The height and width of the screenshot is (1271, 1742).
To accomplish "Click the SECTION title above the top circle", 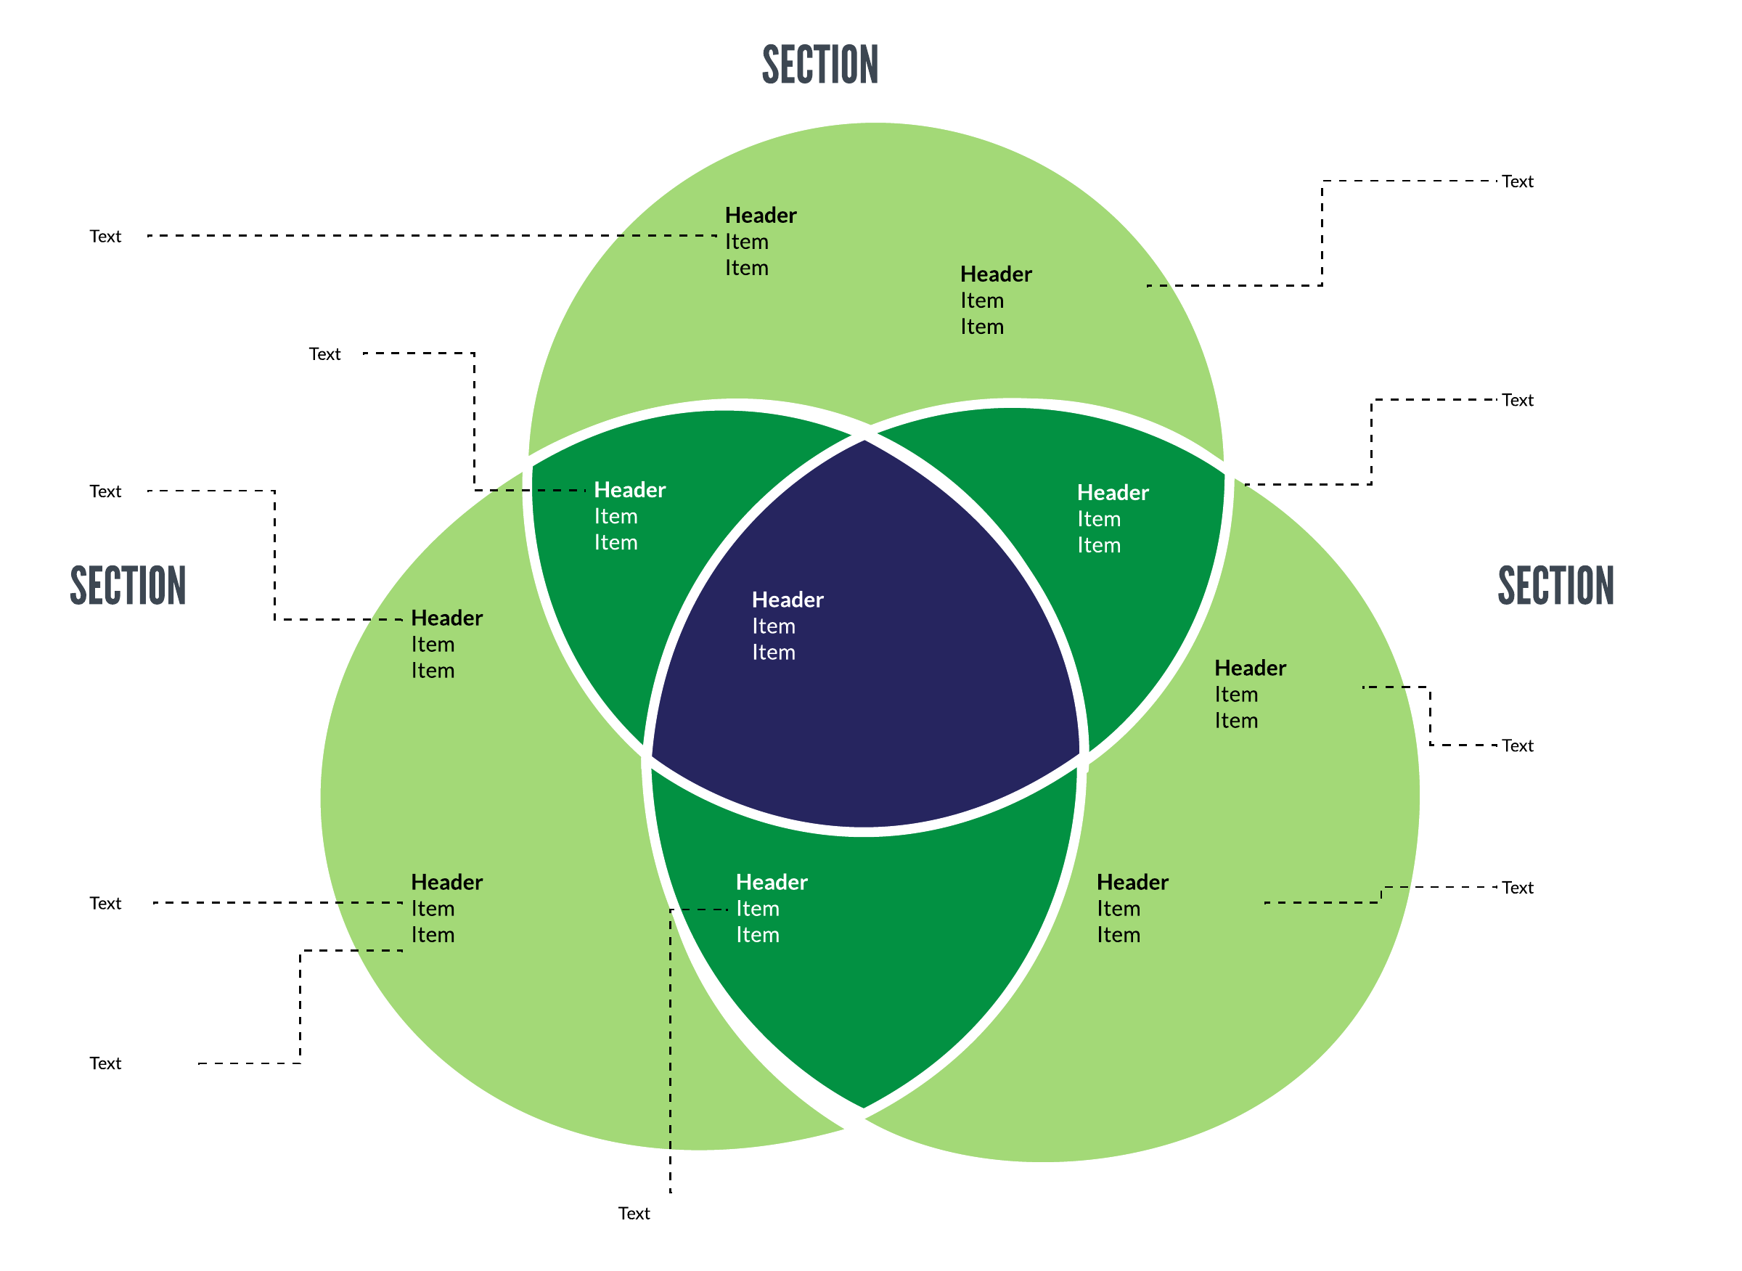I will coord(820,65).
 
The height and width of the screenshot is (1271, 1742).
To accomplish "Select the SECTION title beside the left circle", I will coord(128,587).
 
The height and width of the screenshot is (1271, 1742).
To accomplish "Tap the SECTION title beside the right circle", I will coord(1555,587).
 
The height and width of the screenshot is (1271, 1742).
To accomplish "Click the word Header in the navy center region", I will coord(787,600).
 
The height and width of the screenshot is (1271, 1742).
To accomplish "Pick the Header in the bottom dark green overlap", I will coord(772,883).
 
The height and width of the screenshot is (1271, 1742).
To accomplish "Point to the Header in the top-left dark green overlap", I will coord(629,490).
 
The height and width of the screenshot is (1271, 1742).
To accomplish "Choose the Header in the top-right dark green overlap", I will coord(1113,493).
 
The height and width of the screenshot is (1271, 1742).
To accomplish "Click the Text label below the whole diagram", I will coord(634,1214).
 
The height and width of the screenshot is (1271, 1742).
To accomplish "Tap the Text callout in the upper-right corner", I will coord(1517,181).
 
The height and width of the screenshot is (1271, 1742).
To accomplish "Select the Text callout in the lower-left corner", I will coord(105,1064).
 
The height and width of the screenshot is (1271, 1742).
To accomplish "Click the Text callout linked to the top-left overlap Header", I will coord(324,354).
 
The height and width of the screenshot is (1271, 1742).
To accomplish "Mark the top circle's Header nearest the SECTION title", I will coord(760,216).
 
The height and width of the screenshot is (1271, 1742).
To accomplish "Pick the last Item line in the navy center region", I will coord(773,653).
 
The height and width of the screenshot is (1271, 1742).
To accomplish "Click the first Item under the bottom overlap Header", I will coord(757,910).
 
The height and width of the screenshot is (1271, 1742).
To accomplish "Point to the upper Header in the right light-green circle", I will coord(1251,669).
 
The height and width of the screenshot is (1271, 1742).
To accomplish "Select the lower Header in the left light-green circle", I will coord(446,883).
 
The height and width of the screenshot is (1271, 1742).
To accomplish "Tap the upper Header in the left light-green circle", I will coord(446,618).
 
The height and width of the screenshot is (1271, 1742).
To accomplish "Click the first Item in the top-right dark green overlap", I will coord(1099,519).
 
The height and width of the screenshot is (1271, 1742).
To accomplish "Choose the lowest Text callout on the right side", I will coord(1517,888).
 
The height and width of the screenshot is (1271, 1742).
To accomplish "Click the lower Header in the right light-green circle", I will coord(1132,883).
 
